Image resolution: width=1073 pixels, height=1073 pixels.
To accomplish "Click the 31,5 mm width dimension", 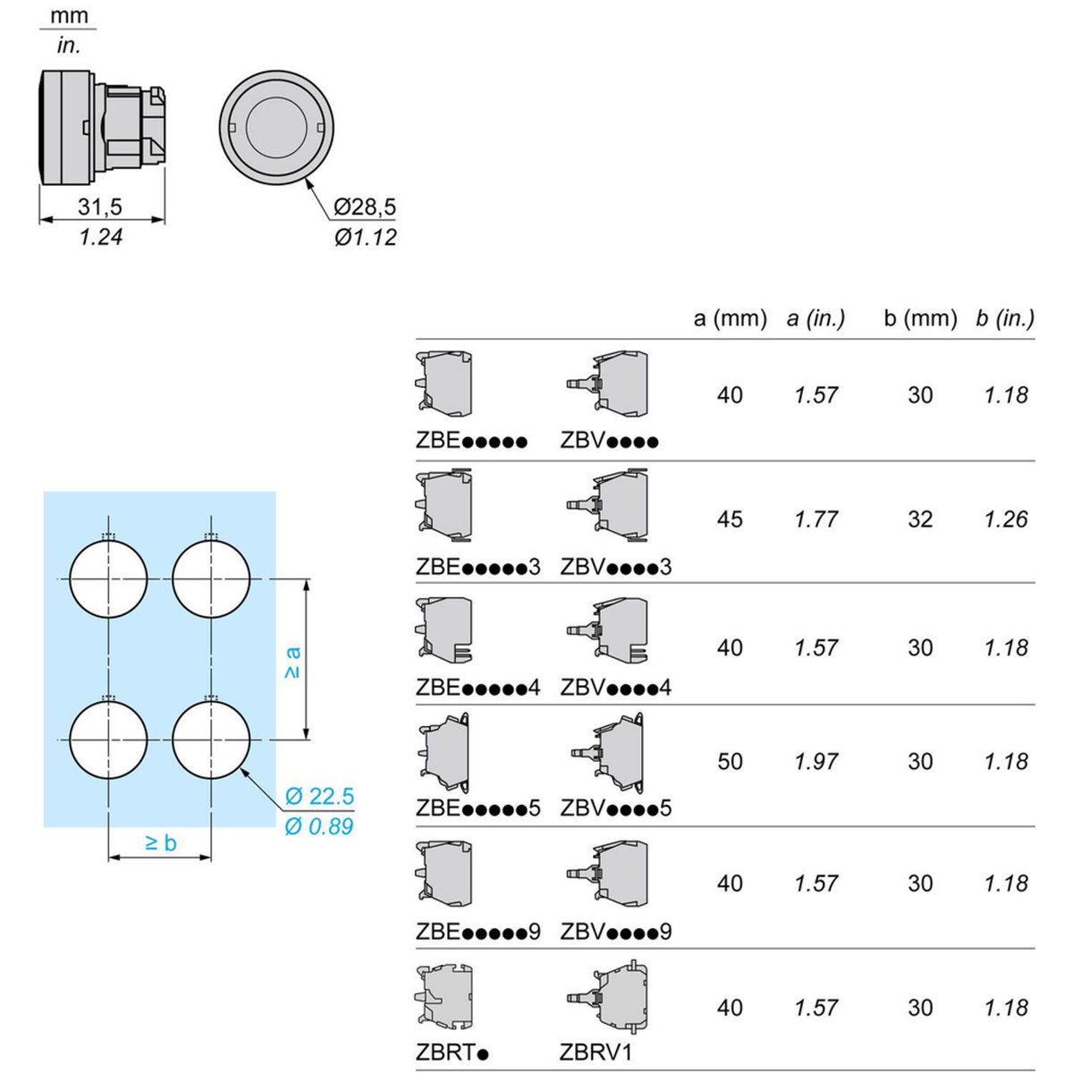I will tap(99, 207).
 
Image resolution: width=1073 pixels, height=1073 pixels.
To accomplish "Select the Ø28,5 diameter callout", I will tap(365, 207).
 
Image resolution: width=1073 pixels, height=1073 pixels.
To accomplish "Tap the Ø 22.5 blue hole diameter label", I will tap(319, 796).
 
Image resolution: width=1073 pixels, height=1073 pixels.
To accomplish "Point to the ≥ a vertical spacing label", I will tap(292, 662).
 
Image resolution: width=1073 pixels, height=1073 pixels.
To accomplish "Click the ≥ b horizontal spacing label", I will tap(160, 842).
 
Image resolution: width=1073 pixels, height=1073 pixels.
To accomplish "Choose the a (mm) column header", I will tap(730, 318).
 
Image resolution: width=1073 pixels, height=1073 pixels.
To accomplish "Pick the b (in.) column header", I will tap(1005, 318).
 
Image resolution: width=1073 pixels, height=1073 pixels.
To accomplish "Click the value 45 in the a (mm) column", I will tap(730, 520).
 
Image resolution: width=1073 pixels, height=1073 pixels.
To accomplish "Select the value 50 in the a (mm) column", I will tap(730, 762).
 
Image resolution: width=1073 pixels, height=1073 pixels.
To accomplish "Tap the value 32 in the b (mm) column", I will tap(920, 520).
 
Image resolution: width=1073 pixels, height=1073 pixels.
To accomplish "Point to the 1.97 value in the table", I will tap(815, 762).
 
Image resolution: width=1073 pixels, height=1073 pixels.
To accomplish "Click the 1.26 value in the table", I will tap(1006, 520).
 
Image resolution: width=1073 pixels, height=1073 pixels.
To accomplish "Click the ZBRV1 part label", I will tap(596, 1052).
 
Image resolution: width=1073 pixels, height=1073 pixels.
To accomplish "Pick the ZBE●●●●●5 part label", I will tap(477, 808).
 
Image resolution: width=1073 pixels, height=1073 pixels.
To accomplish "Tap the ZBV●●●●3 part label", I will tap(615, 567).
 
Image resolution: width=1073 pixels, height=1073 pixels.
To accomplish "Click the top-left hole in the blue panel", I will tap(108, 579).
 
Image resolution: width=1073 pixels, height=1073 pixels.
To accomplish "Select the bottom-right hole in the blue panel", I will tap(211, 740).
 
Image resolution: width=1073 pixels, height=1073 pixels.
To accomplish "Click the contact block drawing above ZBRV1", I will tap(608, 998).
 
